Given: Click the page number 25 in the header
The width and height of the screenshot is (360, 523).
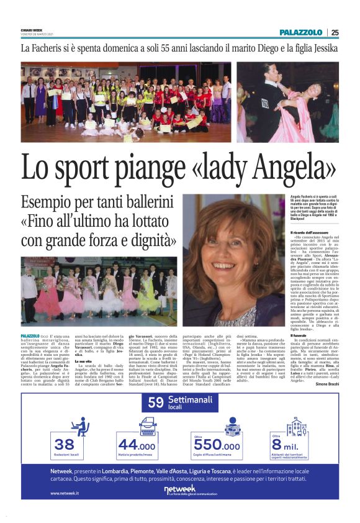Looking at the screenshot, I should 335,32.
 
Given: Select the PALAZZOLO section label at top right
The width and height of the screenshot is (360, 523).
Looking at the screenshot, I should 301,32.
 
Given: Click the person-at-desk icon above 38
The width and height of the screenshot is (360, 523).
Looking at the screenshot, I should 79,427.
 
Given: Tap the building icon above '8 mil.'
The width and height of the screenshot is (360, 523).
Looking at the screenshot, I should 295,427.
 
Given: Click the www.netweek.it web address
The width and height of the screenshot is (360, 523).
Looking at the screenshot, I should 65,493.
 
